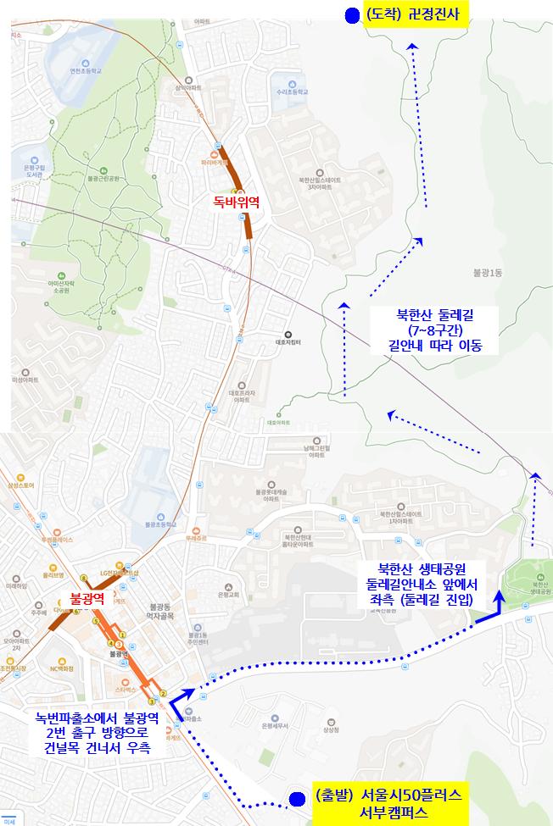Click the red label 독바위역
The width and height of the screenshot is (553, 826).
pyautogui.click(x=237, y=202)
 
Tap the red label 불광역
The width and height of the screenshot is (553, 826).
pyautogui.click(x=87, y=598)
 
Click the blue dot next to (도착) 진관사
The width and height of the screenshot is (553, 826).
pyautogui.click(x=352, y=15)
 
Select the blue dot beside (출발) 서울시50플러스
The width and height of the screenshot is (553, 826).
pyautogui.click(x=296, y=798)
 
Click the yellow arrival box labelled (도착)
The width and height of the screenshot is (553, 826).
pyautogui.click(x=416, y=15)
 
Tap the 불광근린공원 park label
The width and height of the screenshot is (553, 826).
pyautogui.click(x=106, y=179)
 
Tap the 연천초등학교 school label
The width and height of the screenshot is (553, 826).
pyautogui.click(x=87, y=71)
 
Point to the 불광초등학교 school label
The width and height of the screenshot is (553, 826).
pyautogui.click(x=159, y=524)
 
